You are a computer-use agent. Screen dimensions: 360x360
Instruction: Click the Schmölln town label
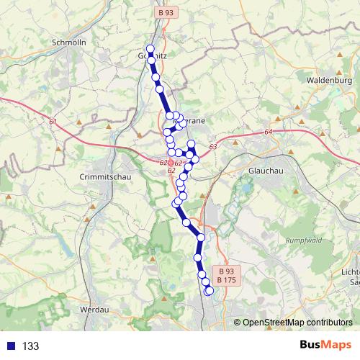[69, 42]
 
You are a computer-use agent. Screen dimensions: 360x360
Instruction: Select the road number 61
[53, 122]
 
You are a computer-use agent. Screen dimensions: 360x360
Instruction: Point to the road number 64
[268, 132]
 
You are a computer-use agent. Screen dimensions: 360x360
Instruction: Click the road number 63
[213, 147]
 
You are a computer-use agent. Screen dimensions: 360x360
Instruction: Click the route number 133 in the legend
[30, 346]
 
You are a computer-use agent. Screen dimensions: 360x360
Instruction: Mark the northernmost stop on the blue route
[150, 49]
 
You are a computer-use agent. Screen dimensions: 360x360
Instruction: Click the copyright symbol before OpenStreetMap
[237, 323]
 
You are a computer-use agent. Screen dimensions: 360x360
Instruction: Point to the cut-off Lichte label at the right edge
[351, 273]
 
